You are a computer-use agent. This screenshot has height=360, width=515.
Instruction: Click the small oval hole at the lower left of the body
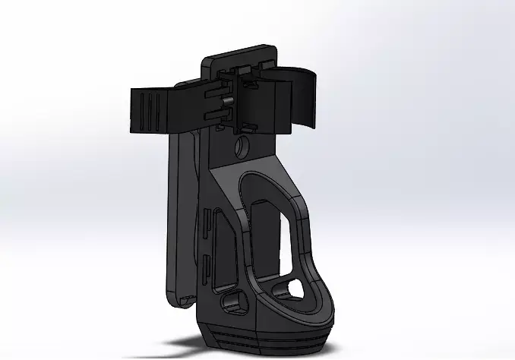[x=231, y=303]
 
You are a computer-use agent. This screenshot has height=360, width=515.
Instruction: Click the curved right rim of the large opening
[x=308, y=235]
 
